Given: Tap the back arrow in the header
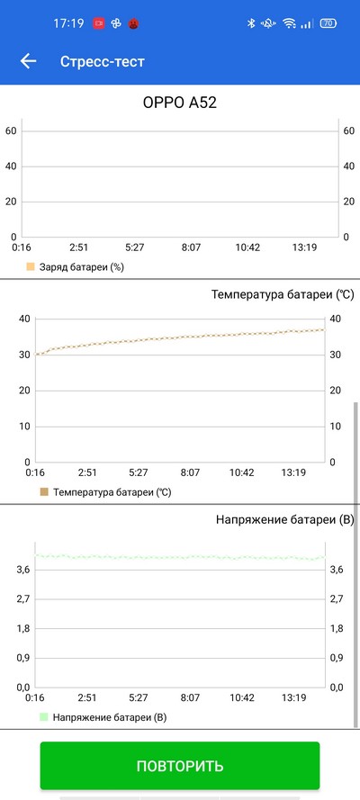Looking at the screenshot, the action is pyautogui.click(x=28, y=62).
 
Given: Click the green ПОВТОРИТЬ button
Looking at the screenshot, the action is pyautogui.click(x=180, y=765).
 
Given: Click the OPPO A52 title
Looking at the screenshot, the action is pyautogui.click(x=179, y=103).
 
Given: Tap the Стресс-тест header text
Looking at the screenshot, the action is pyautogui.click(x=103, y=62).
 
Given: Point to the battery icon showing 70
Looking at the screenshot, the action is pyautogui.click(x=328, y=23).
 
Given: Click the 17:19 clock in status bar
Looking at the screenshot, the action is pyautogui.click(x=68, y=23).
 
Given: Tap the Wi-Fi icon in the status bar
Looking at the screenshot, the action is pyautogui.click(x=290, y=23).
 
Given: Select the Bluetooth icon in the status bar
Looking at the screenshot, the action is pyautogui.click(x=251, y=23).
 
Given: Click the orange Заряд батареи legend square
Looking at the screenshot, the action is pyautogui.click(x=31, y=267).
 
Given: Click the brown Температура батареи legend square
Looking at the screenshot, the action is pyautogui.click(x=44, y=492).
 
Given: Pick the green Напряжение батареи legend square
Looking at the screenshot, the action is pyautogui.click(x=44, y=717).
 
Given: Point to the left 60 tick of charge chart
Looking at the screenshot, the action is pyautogui.click(x=11, y=131).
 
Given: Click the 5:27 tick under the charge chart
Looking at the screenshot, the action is pyautogui.click(x=135, y=248).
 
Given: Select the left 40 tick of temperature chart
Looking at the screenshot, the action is pyautogui.click(x=25, y=319).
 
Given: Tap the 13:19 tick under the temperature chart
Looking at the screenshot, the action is pyautogui.click(x=293, y=473).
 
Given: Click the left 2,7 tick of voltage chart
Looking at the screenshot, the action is pyautogui.click(x=23, y=599).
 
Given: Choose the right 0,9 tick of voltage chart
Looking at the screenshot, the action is pyautogui.click(x=337, y=658).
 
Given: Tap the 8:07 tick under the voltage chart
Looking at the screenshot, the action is pyautogui.click(x=190, y=697).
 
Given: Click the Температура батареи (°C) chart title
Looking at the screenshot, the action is pyautogui.click(x=283, y=295).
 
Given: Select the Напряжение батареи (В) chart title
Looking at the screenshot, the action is pyautogui.click(x=285, y=520).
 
